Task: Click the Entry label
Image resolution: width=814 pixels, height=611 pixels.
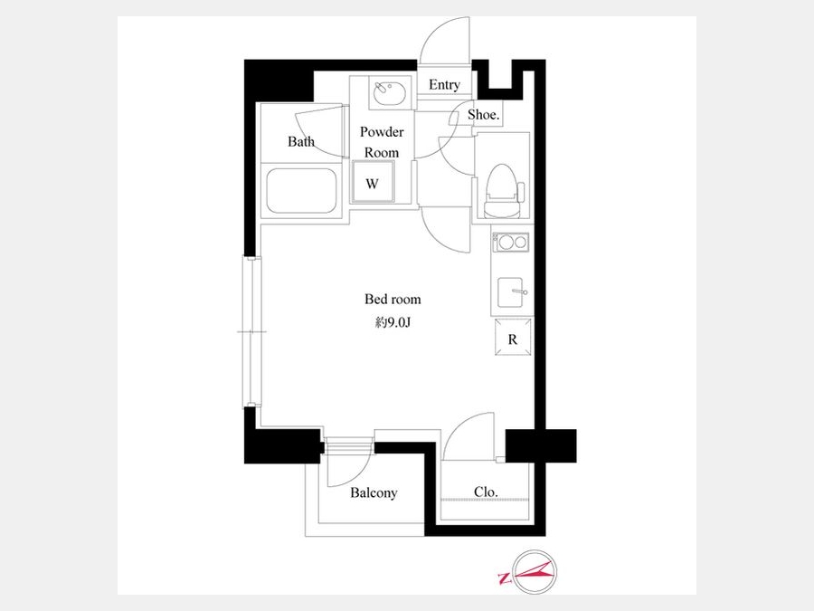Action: (444, 85)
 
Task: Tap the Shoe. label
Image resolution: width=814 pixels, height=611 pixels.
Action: (483, 114)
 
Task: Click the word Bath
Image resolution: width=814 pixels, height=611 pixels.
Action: (301, 141)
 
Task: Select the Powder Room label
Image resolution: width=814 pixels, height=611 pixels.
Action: (382, 142)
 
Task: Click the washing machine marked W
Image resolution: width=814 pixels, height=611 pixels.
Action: (373, 182)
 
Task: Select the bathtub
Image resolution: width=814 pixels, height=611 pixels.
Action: (301, 191)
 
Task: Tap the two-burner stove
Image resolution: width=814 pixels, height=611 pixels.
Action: (511, 243)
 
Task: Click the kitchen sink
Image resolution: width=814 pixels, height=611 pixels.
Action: (511, 292)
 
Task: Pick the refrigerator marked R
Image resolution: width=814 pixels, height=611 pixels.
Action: (513, 338)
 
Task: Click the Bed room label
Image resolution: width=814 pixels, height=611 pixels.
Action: (393, 300)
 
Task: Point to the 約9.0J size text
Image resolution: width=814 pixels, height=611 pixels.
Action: (393, 322)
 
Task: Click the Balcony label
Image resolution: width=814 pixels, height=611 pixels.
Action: (374, 492)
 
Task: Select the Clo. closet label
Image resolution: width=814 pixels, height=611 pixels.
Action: (486, 492)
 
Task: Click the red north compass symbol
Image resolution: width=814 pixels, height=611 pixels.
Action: (535, 571)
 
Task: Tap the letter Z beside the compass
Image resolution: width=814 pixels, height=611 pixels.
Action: (503, 578)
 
